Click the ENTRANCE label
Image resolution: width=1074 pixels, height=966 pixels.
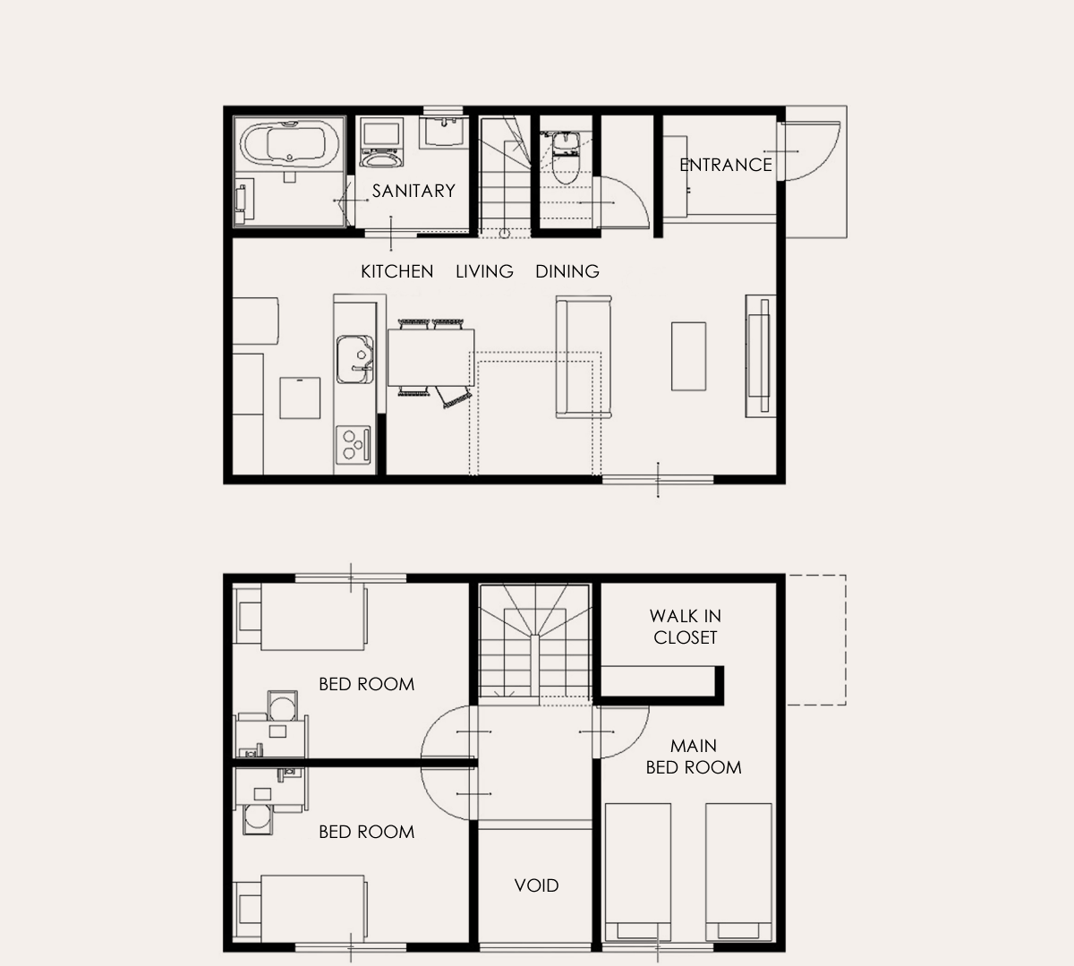[x=726, y=165]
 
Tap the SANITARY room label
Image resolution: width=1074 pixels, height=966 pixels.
[x=413, y=191]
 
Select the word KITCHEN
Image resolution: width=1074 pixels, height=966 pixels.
[x=396, y=271]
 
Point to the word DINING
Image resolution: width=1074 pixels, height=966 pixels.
[x=567, y=271]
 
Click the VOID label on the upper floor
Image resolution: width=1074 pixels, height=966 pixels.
[x=536, y=885]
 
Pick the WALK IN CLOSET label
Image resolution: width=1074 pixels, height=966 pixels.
[x=686, y=627]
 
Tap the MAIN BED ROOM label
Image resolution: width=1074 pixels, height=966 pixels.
[x=694, y=757]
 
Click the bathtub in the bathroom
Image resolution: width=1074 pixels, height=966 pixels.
[x=290, y=142]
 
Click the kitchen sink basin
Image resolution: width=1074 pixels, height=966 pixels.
[x=354, y=360]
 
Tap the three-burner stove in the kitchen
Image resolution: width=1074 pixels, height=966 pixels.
[x=353, y=445]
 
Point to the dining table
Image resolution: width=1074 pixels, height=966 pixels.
[x=431, y=357]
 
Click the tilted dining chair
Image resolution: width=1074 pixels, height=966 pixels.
[x=454, y=397]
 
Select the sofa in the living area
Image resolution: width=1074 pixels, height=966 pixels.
[x=584, y=356]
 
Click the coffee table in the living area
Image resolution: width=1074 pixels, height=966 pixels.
[x=688, y=355]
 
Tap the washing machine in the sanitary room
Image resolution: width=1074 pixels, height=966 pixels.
[x=380, y=143]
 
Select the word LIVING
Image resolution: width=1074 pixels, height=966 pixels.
[x=484, y=271]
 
